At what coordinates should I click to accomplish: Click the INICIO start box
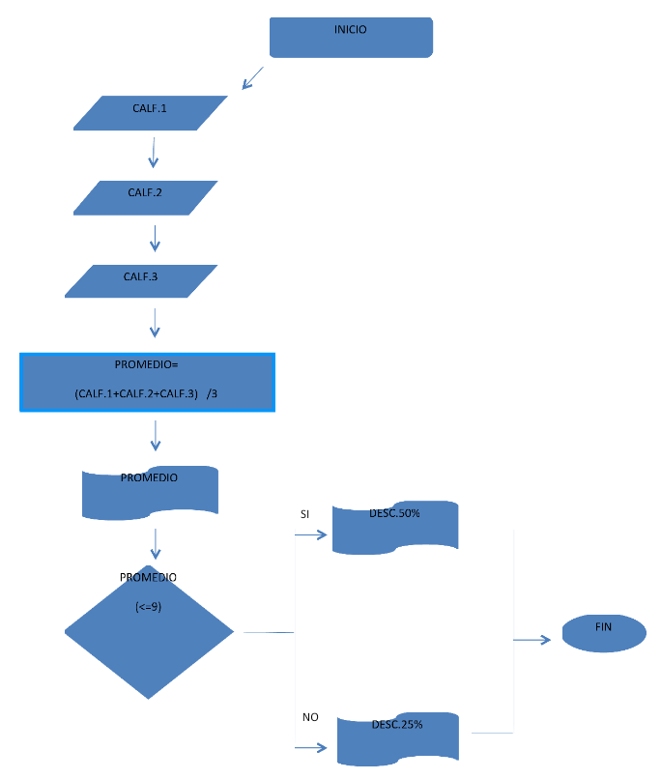pos(350,37)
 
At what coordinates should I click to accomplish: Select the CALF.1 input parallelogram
pos(151,113)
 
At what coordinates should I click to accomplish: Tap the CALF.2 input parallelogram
pos(146,197)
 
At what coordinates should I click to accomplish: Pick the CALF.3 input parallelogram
pos(141,280)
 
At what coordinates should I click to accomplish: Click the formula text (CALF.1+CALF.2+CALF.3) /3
pos(151,394)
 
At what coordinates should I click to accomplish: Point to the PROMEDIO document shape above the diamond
pos(150,491)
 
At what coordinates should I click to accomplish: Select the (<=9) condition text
pos(149,607)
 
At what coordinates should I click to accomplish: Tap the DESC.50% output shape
pos(394,528)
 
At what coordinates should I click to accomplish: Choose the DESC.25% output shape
pos(397,738)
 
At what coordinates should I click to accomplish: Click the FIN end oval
pos(604,633)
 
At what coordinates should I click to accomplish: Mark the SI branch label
pos(305,515)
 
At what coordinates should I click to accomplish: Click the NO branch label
pos(310,717)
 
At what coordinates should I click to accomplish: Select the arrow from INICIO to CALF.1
pos(252,77)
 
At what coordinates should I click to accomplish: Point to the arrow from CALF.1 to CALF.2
pos(153,153)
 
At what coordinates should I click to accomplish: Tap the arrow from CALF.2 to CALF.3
pos(155,237)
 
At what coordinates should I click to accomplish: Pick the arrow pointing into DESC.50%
pos(311,531)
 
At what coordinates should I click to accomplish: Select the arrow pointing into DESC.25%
pos(311,747)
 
